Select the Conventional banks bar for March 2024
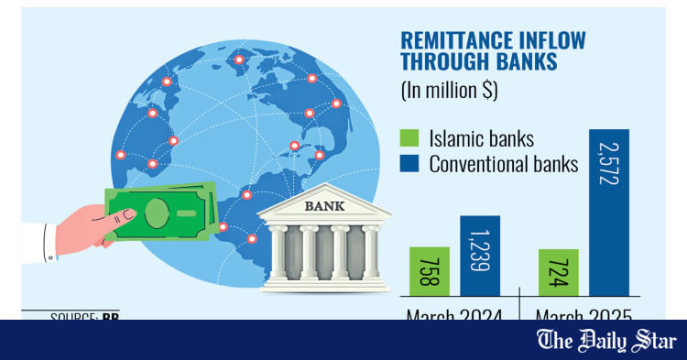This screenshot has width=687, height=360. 479,256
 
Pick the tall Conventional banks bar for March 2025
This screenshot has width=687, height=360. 609,213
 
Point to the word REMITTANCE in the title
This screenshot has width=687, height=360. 457,40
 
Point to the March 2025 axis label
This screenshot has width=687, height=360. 585,315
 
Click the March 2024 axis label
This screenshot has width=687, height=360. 455,315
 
